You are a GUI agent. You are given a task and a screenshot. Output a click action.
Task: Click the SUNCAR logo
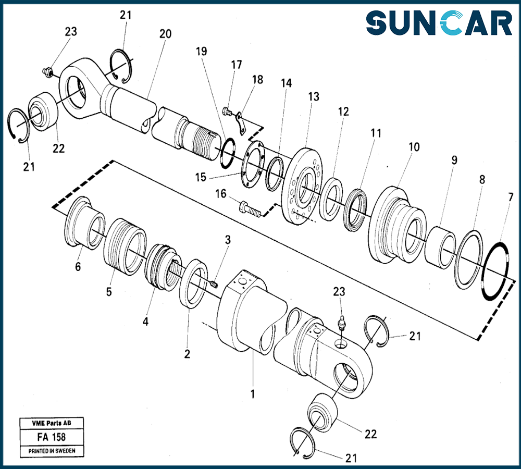[x=439, y=24]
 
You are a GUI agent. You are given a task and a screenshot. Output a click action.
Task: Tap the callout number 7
[x=511, y=198]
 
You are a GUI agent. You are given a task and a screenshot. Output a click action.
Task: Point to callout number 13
[x=313, y=96]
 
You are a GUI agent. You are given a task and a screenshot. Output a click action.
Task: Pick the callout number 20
[x=165, y=34]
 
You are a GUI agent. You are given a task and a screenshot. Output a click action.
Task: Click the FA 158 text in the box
[x=51, y=438]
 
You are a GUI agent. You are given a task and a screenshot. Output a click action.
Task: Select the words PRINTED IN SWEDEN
[x=51, y=451]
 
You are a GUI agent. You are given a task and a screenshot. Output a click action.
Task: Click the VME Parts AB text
[x=51, y=424]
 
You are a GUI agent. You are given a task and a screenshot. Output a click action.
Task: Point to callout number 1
[x=253, y=394]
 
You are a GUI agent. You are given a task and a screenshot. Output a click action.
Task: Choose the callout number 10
[x=414, y=147]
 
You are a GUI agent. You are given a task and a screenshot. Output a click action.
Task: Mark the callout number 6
[x=78, y=267]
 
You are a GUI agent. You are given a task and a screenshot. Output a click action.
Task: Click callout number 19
[x=202, y=52]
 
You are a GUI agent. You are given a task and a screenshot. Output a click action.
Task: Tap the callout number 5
[x=109, y=292]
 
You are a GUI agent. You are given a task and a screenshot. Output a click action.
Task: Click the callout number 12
[x=343, y=112]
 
